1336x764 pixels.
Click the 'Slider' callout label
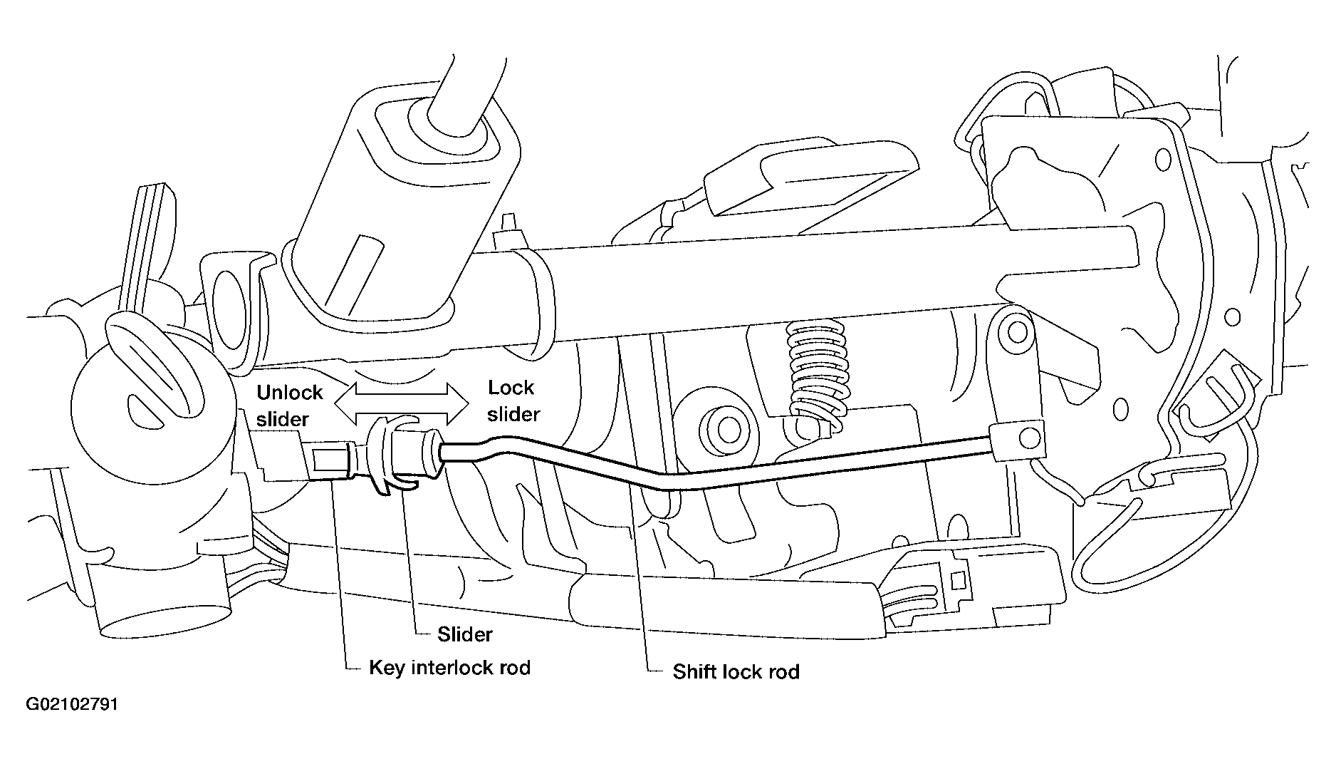pos(464,634)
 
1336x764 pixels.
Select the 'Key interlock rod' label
pos(449,668)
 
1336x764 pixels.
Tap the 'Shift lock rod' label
pos(736,672)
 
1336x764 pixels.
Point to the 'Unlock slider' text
pos(289,406)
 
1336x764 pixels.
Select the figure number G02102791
pos(72,705)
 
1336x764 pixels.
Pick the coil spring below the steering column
pos(818,374)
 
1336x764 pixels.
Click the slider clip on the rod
pos(388,456)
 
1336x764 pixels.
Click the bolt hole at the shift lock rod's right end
pos(1030,436)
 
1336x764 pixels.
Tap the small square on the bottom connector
pos(959,579)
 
